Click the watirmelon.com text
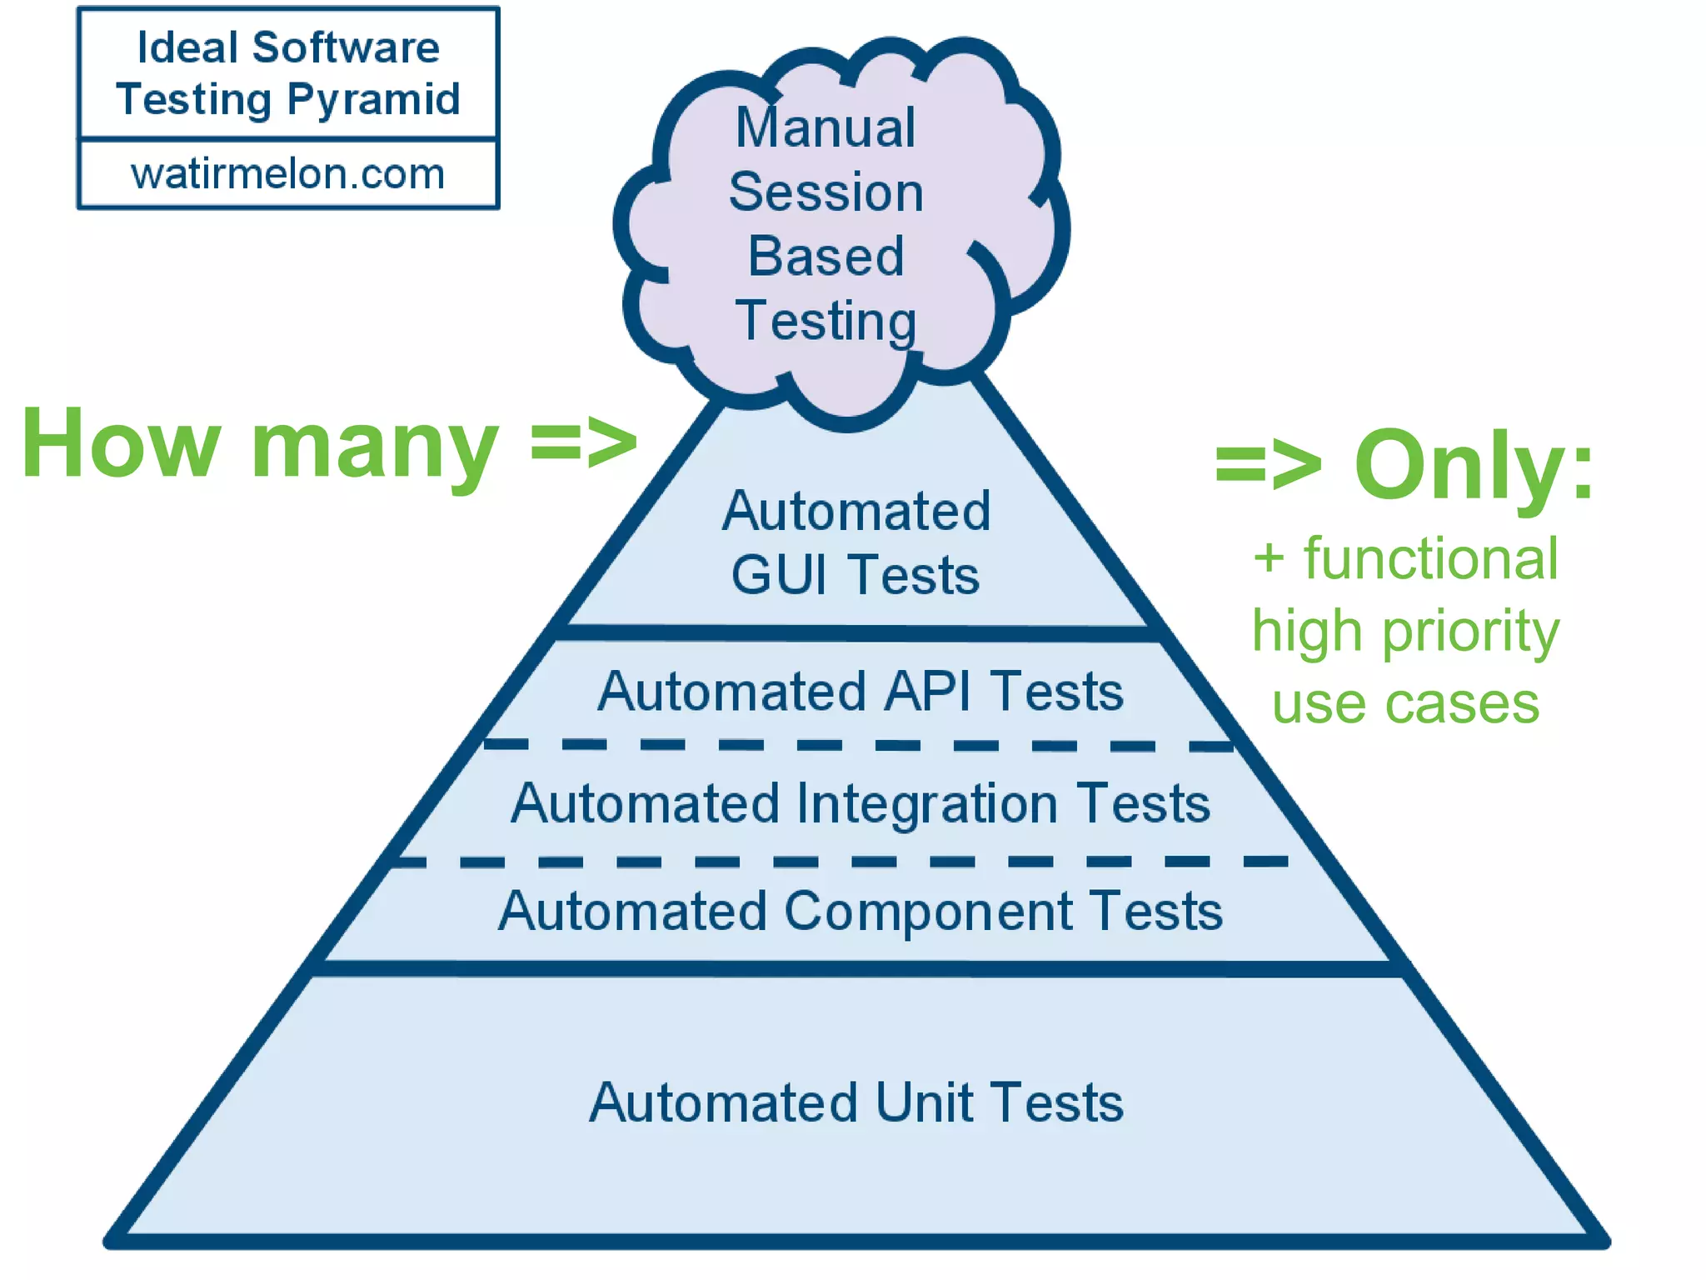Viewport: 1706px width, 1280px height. pos(287,174)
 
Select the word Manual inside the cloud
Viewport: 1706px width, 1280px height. pos(826,128)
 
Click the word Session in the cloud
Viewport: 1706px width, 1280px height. pos(826,192)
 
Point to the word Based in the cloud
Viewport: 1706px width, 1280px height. pos(826,256)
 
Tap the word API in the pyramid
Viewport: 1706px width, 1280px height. pos(927,692)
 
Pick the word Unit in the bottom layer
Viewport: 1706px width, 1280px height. pos(925,1103)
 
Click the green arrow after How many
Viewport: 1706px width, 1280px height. pos(584,443)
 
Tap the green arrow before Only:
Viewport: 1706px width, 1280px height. pos(1267,465)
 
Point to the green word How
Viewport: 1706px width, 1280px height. pos(122,443)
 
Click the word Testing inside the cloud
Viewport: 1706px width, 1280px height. pos(826,321)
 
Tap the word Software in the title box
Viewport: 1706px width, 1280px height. pos(346,47)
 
